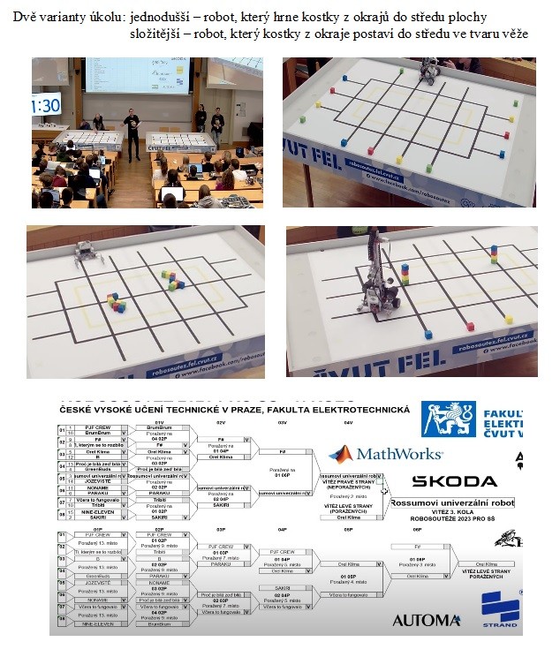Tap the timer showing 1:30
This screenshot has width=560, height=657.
pos(45,106)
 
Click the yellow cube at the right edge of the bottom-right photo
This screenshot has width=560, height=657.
pos(509,320)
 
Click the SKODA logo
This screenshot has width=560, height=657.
pos(454,481)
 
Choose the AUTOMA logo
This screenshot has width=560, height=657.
pos(426,620)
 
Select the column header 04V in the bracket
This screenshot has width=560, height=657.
pos(348,424)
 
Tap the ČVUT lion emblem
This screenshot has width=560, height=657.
pos(448,419)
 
